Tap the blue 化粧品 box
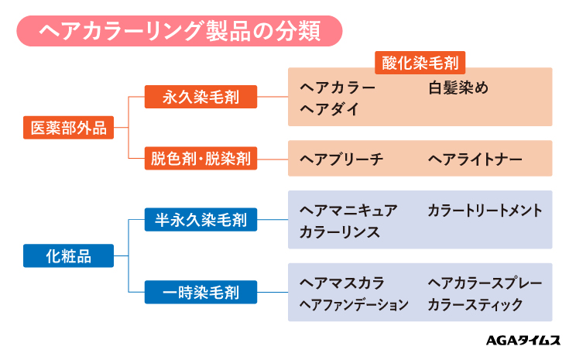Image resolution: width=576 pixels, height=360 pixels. point(68,256)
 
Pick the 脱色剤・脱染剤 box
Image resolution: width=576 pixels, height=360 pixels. point(200,159)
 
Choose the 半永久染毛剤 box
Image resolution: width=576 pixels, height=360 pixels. point(200,221)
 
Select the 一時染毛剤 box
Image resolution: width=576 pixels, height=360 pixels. point(200,293)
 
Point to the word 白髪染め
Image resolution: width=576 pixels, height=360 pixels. point(458,87)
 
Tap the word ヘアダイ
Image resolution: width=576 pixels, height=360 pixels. point(329,108)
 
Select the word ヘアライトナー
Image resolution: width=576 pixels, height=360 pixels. point(475,159)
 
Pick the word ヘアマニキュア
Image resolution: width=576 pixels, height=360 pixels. point(348,211)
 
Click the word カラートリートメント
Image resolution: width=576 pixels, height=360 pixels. point(485,211)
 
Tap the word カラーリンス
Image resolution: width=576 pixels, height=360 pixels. point(338,232)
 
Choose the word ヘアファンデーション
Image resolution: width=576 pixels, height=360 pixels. point(353,305)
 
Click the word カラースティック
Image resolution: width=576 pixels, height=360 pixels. point(475,305)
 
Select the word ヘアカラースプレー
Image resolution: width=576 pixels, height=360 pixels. point(485,283)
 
